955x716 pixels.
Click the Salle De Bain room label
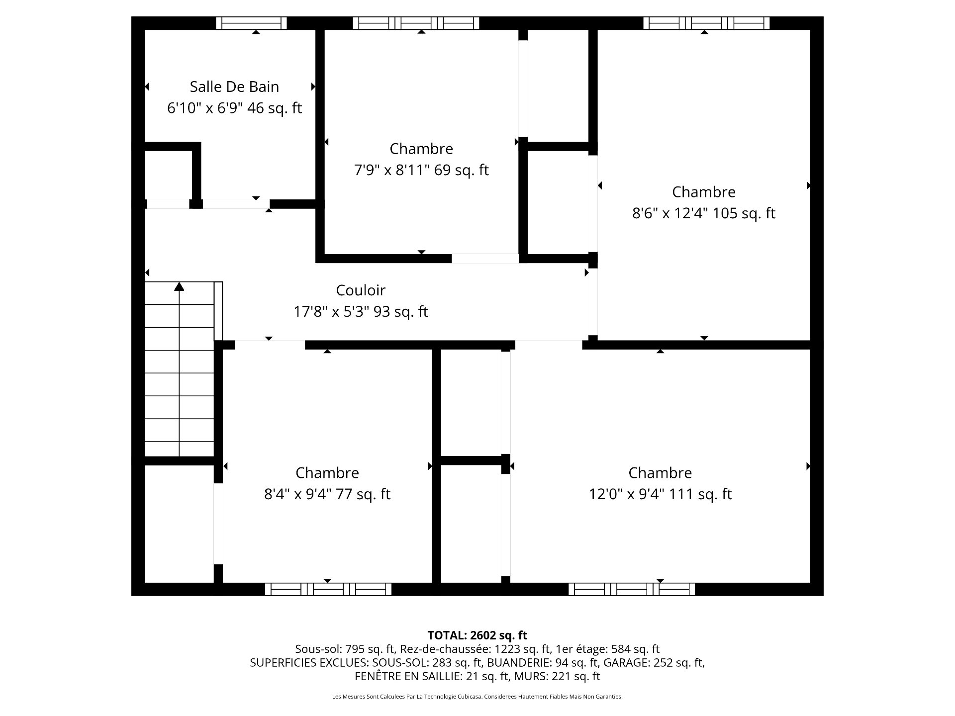pyautogui.click(x=234, y=87)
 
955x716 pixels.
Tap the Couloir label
pyautogui.click(x=361, y=290)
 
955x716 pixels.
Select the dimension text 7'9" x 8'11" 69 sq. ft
pyautogui.click(x=421, y=170)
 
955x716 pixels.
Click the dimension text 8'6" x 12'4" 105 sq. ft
pyautogui.click(x=703, y=213)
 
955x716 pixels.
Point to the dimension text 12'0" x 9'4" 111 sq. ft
pyautogui.click(x=660, y=494)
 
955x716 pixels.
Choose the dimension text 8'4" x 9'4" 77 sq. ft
pyautogui.click(x=327, y=494)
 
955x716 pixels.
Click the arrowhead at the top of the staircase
pyautogui.click(x=179, y=286)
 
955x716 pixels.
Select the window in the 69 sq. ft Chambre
pyautogui.click(x=416, y=23)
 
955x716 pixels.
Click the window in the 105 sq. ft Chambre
pyautogui.click(x=706, y=23)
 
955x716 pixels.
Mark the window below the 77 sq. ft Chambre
pyautogui.click(x=328, y=589)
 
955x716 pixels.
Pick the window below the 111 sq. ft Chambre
pyautogui.click(x=632, y=589)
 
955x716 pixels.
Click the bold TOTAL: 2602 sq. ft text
pyautogui.click(x=477, y=635)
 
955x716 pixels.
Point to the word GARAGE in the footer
pyautogui.click(x=627, y=662)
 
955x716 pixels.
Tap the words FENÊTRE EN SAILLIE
pyautogui.click(x=407, y=676)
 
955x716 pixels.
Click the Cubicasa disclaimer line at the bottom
pyautogui.click(x=477, y=697)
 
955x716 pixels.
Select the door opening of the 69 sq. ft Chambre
pyautogui.click(x=485, y=259)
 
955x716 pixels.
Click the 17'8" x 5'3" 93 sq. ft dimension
pyautogui.click(x=361, y=312)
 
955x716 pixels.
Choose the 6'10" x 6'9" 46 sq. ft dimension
pyautogui.click(x=234, y=108)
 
